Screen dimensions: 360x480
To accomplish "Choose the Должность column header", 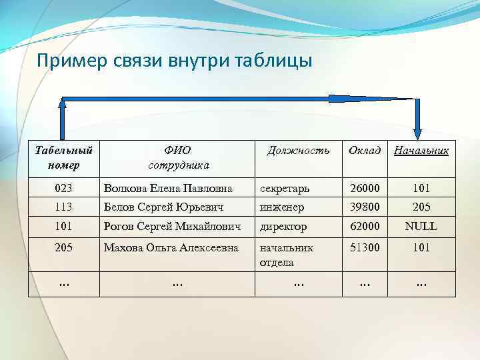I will point(298,151).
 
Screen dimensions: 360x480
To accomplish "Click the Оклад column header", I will point(365,151).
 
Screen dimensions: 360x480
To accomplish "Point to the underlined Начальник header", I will point(421,151).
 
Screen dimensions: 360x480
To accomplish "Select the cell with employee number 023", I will point(63,189).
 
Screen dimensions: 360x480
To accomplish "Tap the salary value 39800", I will point(365,207).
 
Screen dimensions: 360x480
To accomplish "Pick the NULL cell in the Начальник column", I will point(421,226).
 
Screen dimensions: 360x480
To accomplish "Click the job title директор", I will point(283,227).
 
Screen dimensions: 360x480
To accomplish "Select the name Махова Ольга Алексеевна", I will point(171,247).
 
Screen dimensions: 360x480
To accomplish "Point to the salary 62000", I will point(365,226).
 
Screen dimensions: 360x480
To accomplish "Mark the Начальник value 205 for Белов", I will point(421,207).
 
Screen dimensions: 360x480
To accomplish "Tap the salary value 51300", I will point(365,247).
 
